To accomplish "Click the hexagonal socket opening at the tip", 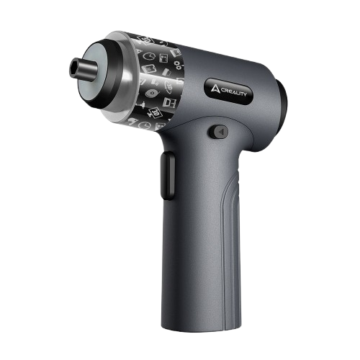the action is (x=73, y=65).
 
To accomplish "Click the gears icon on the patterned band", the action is (x=179, y=64).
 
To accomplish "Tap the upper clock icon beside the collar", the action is (x=149, y=56).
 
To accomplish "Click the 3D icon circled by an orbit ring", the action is (x=168, y=85).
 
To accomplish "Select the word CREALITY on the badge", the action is (x=233, y=92).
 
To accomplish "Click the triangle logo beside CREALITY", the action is (x=215, y=89).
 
